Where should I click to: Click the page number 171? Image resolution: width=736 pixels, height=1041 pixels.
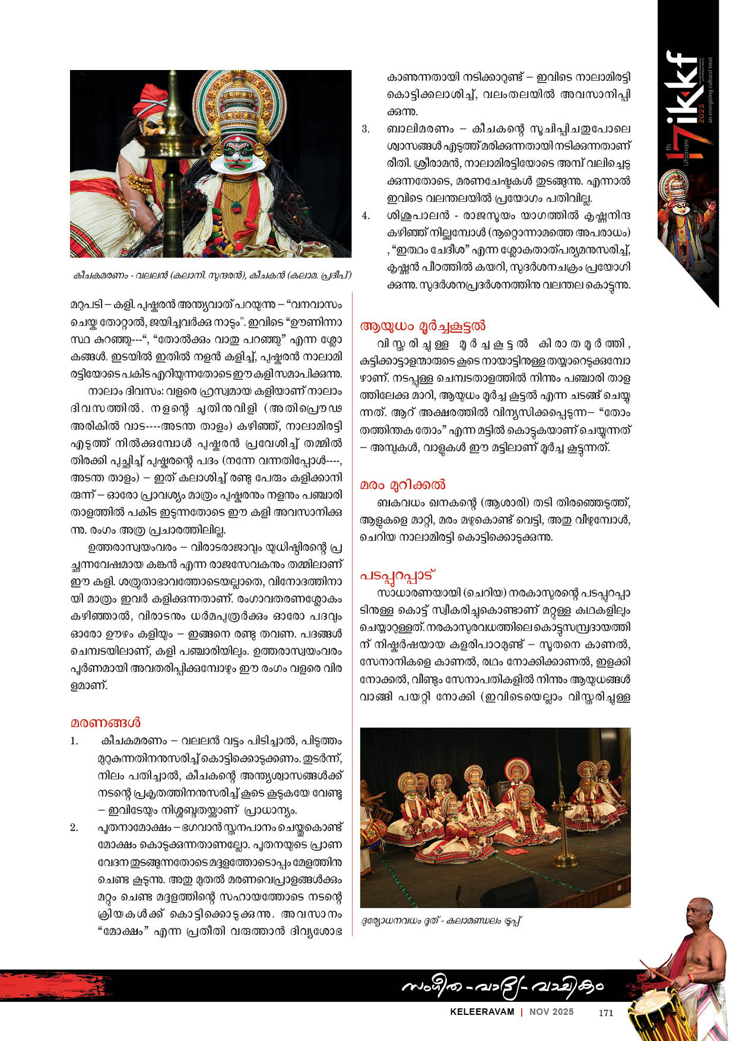[605, 1013]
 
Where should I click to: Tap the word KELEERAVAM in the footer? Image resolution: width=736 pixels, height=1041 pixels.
[481, 1012]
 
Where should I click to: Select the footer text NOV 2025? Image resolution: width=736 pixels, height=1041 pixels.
[551, 1012]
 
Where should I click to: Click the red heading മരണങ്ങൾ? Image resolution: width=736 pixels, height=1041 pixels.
[106, 723]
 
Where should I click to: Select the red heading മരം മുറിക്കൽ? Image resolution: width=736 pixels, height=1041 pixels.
[402, 485]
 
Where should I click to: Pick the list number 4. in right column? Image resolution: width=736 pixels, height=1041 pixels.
[366, 215]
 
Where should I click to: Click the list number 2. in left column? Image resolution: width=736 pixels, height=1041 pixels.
[74, 827]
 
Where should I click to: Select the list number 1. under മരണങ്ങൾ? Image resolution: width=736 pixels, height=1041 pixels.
[74, 741]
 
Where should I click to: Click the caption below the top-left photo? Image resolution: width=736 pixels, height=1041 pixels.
[211, 275]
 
